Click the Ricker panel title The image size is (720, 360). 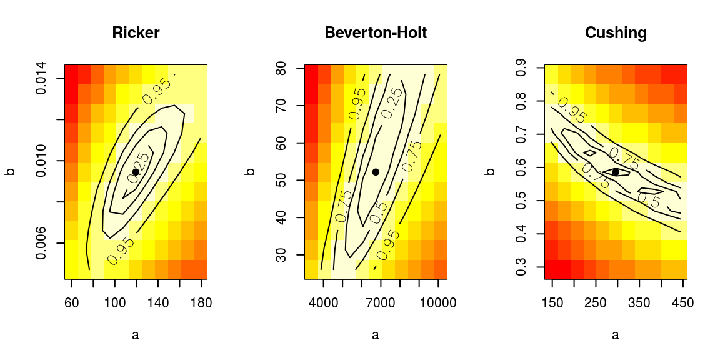coord(136,33)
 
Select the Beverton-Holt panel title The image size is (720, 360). coord(376,33)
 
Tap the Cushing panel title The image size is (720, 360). coord(616,33)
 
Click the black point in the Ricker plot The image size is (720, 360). coord(136,172)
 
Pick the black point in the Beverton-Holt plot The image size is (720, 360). coord(376,172)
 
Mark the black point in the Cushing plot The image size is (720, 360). coord(616,172)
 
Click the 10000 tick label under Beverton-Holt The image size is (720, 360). coord(438,303)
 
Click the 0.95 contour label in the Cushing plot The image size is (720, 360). coord(572,110)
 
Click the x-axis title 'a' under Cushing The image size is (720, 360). coord(616,336)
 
